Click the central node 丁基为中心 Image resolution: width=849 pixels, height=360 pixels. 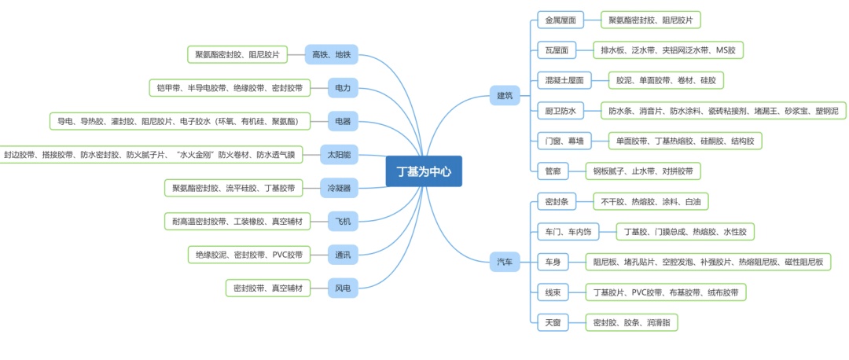click(x=424, y=171)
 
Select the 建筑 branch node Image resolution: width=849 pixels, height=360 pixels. click(x=505, y=96)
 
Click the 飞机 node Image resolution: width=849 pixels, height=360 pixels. click(x=343, y=222)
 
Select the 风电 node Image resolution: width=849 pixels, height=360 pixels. click(x=343, y=288)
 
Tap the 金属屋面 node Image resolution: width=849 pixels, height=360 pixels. click(x=560, y=20)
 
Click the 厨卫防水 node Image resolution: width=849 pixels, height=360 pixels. click(x=560, y=110)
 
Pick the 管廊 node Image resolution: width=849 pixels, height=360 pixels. click(x=553, y=171)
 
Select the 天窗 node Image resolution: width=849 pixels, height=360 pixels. click(x=553, y=322)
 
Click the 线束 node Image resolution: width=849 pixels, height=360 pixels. click(x=553, y=292)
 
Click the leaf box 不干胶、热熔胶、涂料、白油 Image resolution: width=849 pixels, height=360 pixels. click(x=650, y=202)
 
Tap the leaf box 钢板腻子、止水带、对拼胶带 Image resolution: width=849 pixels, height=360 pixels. click(x=643, y=171)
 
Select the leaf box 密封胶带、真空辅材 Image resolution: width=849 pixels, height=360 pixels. click(x=268, y=288)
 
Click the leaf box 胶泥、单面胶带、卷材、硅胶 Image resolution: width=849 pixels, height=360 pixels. click(x=666, y=80)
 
